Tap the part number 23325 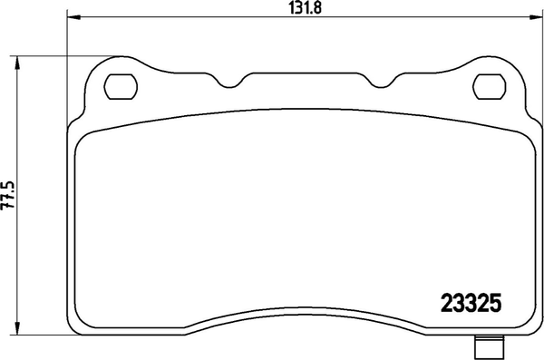[471, 304]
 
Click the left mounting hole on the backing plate [118, 87]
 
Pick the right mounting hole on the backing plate [491, 87]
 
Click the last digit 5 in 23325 [497, 304]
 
